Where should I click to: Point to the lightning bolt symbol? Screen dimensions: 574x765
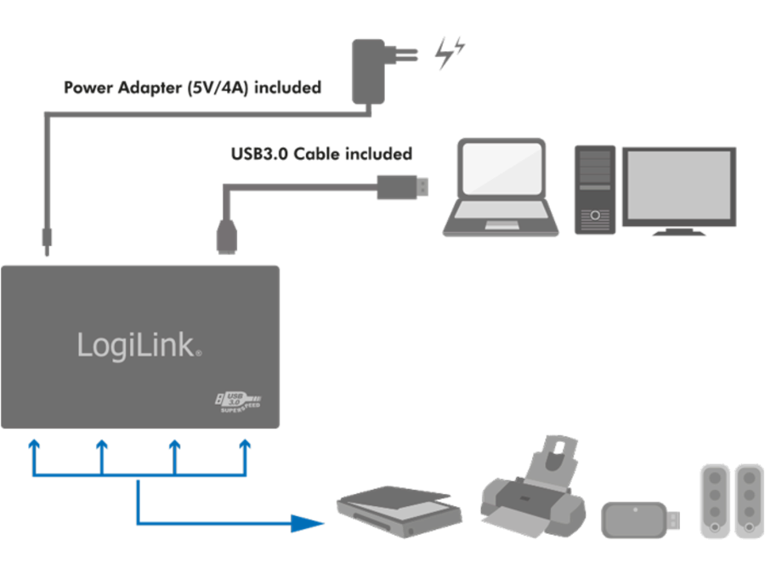[448, 54]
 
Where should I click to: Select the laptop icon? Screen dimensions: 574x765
[501, 188]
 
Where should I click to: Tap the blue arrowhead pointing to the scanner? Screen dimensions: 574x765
[309, 522]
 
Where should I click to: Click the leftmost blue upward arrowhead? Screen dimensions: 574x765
[33, 444]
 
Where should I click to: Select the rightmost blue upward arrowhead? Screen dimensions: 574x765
[246, 444]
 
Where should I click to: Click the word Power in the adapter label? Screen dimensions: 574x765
[87, 88]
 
